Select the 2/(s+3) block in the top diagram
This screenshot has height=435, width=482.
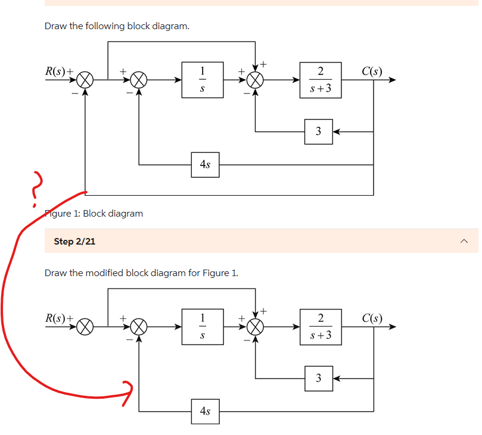[321, 80]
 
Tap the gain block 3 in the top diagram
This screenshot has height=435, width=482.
[318, 131]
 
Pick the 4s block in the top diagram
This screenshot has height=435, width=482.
[205, 164]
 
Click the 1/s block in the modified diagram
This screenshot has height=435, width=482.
[203, 326]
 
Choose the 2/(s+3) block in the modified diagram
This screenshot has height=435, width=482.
[321, 326]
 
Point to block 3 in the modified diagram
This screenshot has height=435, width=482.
[318, 377]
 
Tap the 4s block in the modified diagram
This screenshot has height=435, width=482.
[205, 411]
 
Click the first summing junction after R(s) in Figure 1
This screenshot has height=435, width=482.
[86, 80]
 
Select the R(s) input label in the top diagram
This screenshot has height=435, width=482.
[57, 71]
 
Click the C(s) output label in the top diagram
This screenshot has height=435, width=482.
[372, 73]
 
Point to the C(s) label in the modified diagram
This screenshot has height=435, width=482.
[372, 318]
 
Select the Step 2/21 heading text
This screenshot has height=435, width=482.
[74, 241]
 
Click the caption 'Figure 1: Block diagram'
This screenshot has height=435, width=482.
[94, 213]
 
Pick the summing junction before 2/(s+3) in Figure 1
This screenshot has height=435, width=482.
[256, 80]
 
